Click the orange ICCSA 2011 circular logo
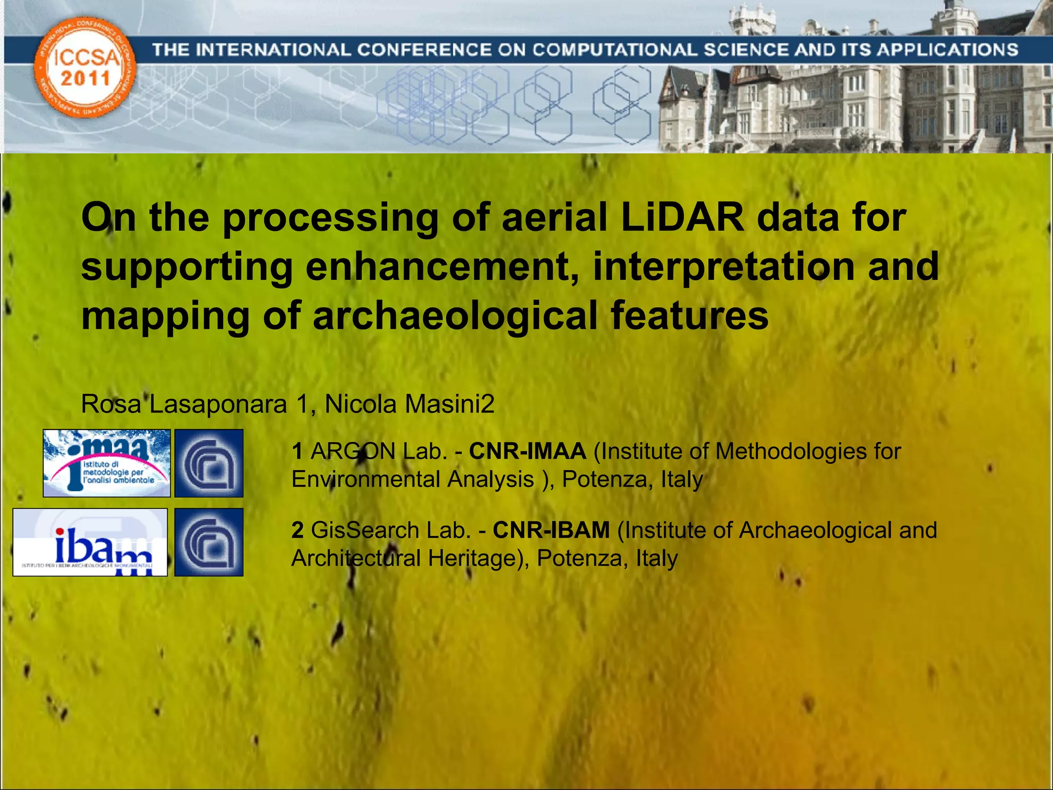point(85,67)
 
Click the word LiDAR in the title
point(682,218)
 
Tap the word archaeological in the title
point(455,316)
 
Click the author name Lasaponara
point(218,404)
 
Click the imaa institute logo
point(106,463)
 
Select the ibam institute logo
point(90,542)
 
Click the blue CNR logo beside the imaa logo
point(209,463)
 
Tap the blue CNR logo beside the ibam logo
point(209,542)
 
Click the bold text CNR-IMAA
point(528,452)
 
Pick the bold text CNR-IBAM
point(551,530)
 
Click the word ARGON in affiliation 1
point(353,452)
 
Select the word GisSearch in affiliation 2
point(365,530)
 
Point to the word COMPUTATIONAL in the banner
point(614,50)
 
